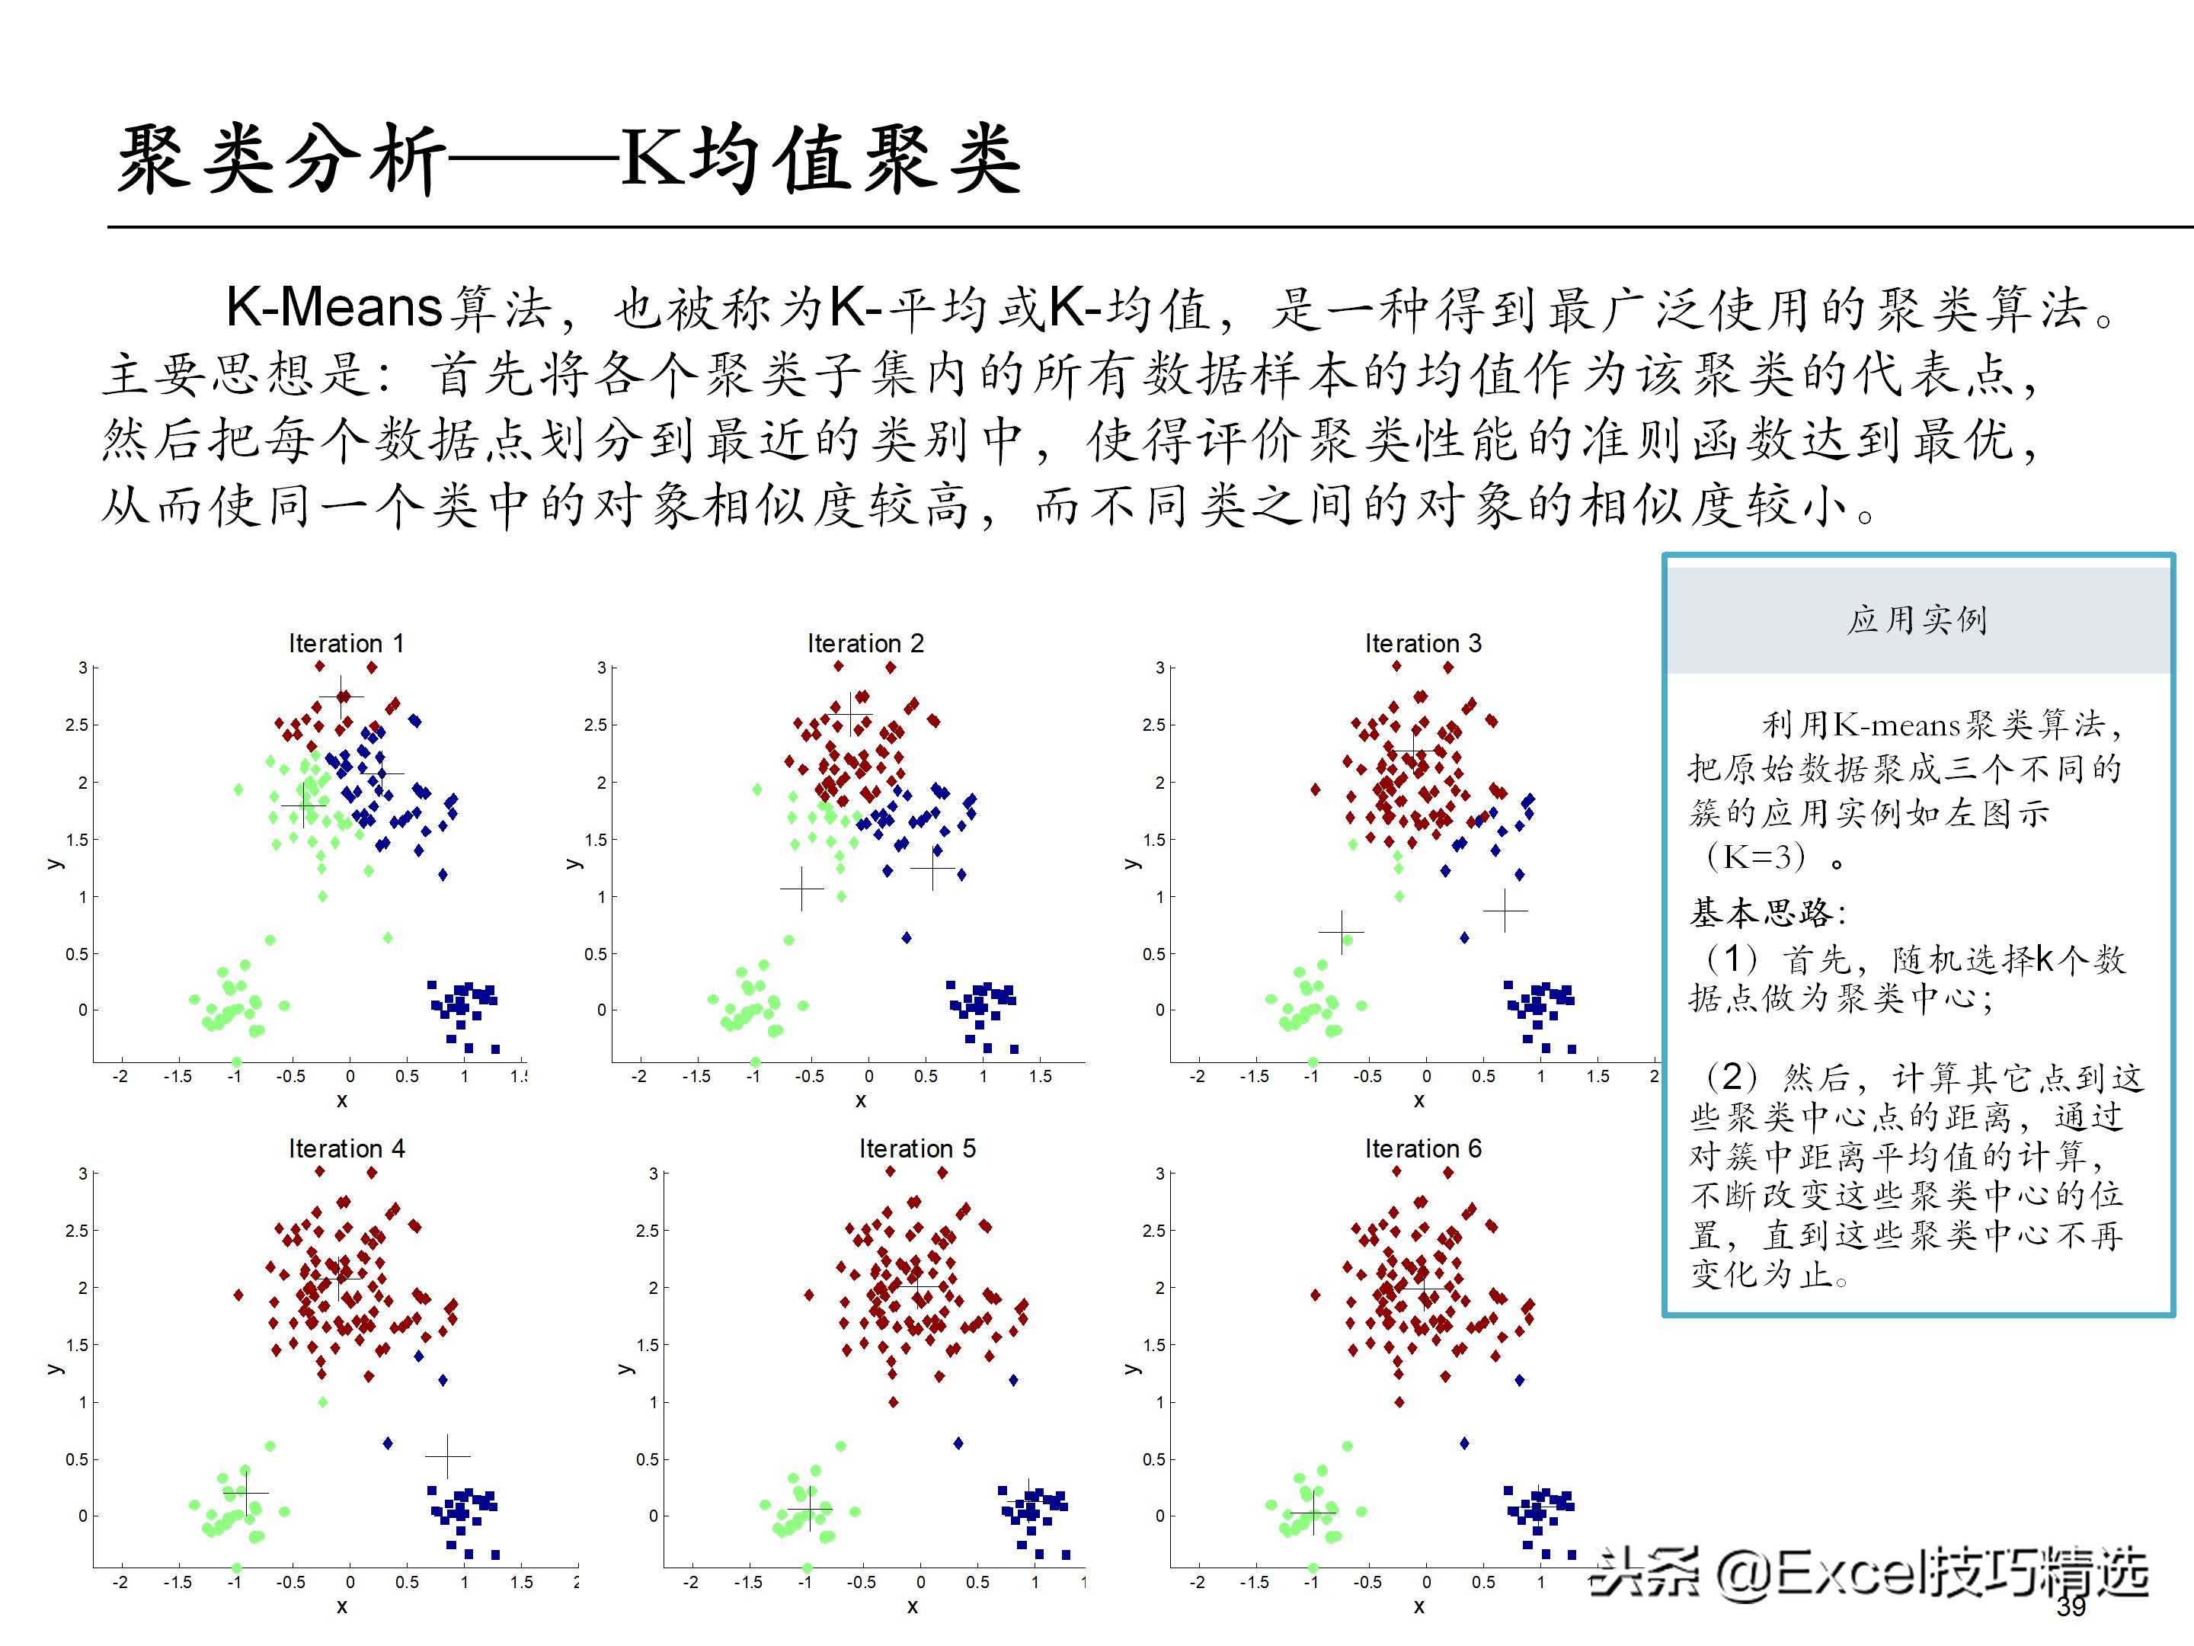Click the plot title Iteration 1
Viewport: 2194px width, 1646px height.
coord(346,643)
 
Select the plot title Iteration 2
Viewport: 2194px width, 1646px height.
coord(865,643)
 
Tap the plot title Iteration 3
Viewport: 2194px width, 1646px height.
coord(1422,643)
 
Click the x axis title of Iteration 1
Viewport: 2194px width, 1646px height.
coord(342,1100)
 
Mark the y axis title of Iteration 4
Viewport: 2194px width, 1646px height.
coord(56,1369)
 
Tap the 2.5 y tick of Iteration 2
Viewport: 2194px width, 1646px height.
coord(595,725)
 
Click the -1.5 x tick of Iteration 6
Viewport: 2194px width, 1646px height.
coord(1254,1581)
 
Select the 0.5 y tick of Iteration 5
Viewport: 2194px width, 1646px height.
coord(647,1459)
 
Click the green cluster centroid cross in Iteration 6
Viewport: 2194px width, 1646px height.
coord(1313,1513)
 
